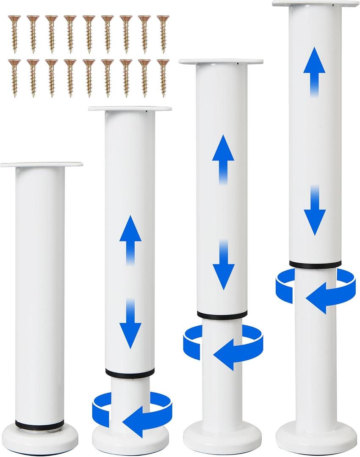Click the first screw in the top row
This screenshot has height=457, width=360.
[14, 33]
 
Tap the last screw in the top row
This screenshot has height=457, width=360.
[163, 33]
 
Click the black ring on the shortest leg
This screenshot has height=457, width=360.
[40, 424]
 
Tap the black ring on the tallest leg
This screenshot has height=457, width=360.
[316, 265]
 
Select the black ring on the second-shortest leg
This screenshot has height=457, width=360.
[130, 373]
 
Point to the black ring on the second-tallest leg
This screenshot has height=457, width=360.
[222, 315]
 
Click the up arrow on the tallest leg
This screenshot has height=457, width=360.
[314, 70]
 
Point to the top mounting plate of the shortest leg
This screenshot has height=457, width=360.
[42, 164]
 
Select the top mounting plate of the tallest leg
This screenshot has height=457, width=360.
[316, 3]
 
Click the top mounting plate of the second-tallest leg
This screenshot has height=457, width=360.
[221, 62]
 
